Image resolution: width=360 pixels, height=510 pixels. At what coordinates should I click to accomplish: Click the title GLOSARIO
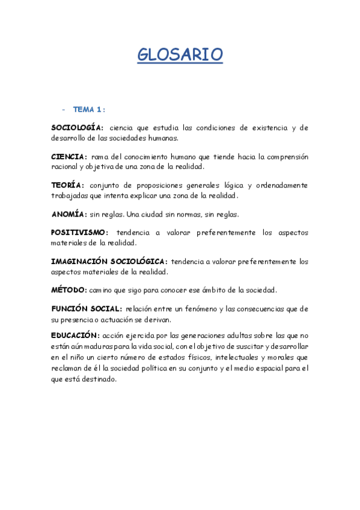[180, 55]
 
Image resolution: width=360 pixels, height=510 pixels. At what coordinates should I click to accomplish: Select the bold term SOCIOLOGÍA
[78, 127]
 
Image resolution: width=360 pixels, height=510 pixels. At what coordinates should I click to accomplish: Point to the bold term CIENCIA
[69, 156]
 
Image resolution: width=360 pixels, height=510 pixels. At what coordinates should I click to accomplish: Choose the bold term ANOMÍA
[69, 214]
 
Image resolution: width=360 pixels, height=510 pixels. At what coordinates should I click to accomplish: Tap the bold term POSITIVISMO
[79, 232]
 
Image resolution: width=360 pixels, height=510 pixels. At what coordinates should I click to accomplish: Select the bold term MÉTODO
[69, 290]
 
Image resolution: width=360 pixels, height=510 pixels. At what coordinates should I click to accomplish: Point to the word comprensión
[283, 156]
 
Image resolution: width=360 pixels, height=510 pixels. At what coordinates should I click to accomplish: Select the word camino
[103, 290]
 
